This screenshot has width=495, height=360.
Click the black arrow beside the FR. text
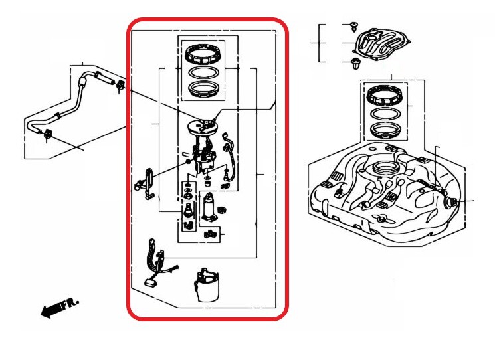tap(50, 310)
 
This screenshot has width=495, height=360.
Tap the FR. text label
tap(70, 302)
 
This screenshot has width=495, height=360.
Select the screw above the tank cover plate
tap(354, 26)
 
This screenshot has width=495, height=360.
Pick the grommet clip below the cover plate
tap(355, 64)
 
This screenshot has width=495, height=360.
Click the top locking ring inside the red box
tap(203, 53)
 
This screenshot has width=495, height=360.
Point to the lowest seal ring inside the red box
tap(203, 88)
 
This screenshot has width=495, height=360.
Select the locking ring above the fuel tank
tap(385, 96)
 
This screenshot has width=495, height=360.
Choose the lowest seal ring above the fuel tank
tap(385, 131)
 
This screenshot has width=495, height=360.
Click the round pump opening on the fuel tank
tap(387, 167)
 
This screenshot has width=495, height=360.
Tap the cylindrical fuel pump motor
tap(209, 206)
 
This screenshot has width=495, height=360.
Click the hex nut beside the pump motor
tap(222, 209)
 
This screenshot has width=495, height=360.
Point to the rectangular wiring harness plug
tap(151, 282)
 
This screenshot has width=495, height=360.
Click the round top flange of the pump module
tap(202, 127)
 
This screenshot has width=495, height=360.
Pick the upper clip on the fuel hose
tap(120, 86)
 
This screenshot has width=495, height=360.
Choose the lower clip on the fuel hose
tap(48, 135)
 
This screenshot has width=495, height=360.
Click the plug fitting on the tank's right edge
tap(451, 202)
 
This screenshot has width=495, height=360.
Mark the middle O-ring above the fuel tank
tap(385, 114)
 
